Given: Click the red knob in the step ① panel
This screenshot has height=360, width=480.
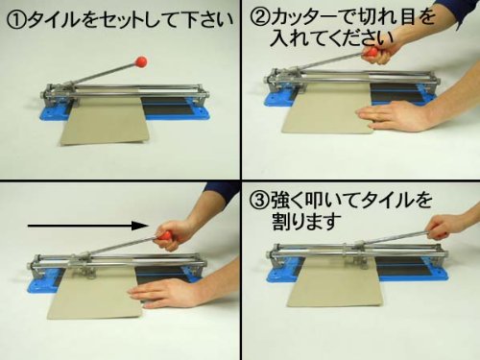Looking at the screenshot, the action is pos(140,61).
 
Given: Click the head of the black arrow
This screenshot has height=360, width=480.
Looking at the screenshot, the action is pos(140,226).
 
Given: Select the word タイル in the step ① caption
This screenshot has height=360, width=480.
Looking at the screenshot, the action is pos(54,21).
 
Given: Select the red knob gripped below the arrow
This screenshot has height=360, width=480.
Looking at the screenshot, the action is pos(166,236).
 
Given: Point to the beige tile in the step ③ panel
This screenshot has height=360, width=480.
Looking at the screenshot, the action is pos(333,283).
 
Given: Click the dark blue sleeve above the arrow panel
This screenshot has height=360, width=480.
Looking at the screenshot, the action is pos(221,191).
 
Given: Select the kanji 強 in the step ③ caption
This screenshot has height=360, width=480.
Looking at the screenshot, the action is pos(281,201).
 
